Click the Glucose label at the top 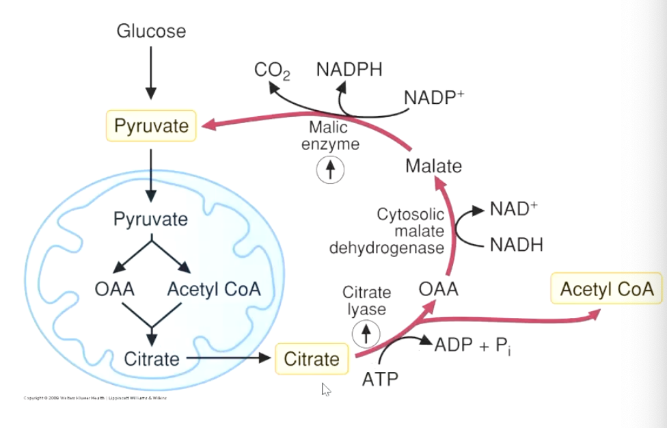click(151, 31)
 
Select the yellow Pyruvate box click(151, 126)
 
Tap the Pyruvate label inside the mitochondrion click(150, 220)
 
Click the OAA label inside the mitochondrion click(115, 289)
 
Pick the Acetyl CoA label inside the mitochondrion click(214, 289)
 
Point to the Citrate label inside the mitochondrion click(152, 358)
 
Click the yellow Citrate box click(312, 359)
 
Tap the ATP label click(381, 378)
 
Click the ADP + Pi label click(474, 345)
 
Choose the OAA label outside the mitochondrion click(439, 289)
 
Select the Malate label click(433, 166)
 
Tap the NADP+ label click(434, 98)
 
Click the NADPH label click(349, 69)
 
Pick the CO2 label click(272, 70)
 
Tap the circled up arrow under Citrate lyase click(366, 333)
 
